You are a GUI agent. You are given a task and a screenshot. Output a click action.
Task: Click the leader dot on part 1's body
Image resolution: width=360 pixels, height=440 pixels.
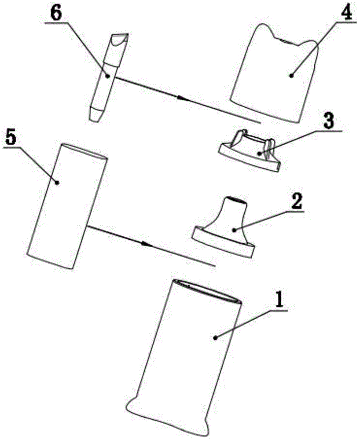point(215,337)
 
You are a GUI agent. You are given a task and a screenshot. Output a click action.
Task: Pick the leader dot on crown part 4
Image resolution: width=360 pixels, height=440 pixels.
point(291,76)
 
